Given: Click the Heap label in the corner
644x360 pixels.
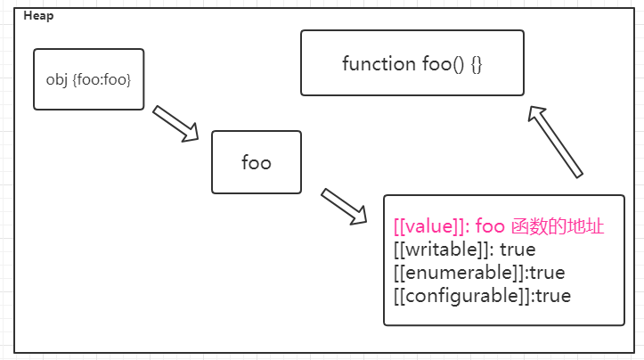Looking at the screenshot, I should (x=37, y=16).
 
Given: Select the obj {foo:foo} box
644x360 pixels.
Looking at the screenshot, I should (x=88, y=79).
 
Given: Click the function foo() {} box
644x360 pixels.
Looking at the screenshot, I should (x=412, y=63).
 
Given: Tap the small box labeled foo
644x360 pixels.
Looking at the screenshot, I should (x=257, y=162).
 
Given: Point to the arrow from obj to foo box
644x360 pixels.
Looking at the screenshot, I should (x=175, y=123).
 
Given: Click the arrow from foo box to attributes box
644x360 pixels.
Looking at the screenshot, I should (x=344, y=206).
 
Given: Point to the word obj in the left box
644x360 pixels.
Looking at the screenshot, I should (x=56, y=80).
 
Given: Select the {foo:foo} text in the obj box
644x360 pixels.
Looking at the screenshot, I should (x=101, y=80).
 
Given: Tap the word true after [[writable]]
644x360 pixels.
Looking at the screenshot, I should (x=518, y=250).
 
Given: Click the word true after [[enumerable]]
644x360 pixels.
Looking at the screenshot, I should (x=548, y=272).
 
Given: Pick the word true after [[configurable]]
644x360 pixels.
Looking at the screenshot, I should (x=553, y=295).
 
